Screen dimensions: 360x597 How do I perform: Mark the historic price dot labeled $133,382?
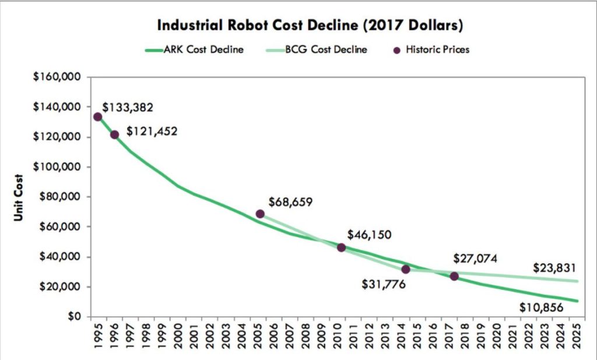click(97, 117)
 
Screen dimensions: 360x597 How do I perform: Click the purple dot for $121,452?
click(114, 135)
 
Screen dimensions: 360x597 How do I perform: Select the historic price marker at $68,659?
click(260, 214)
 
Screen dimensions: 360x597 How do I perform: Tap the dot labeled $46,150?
click(341, 248)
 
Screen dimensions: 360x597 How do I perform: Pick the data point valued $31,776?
click(406, 269)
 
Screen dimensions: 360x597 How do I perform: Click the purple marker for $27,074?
click(454, 276)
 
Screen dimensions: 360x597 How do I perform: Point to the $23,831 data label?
click(554, 269)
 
